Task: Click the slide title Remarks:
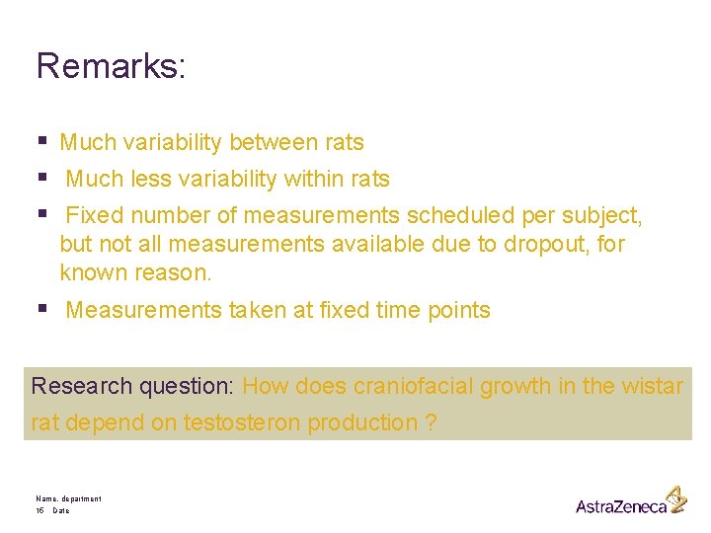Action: (111, 66)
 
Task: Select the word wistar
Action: (653, 386)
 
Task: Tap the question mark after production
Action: (431, 423)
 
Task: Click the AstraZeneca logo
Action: (630, 502)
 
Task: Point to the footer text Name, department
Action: (68, 499)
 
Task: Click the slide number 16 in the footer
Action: (39, 511)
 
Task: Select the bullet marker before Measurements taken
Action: (41, 310)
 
